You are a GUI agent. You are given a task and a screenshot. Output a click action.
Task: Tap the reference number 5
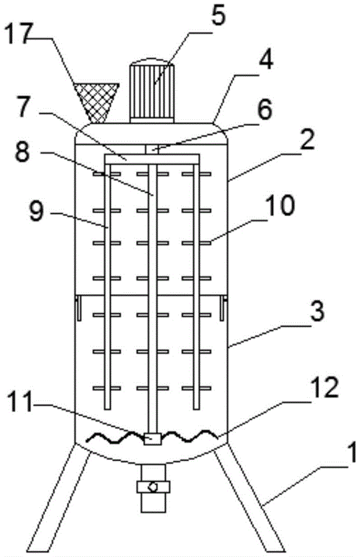point(217,16)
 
